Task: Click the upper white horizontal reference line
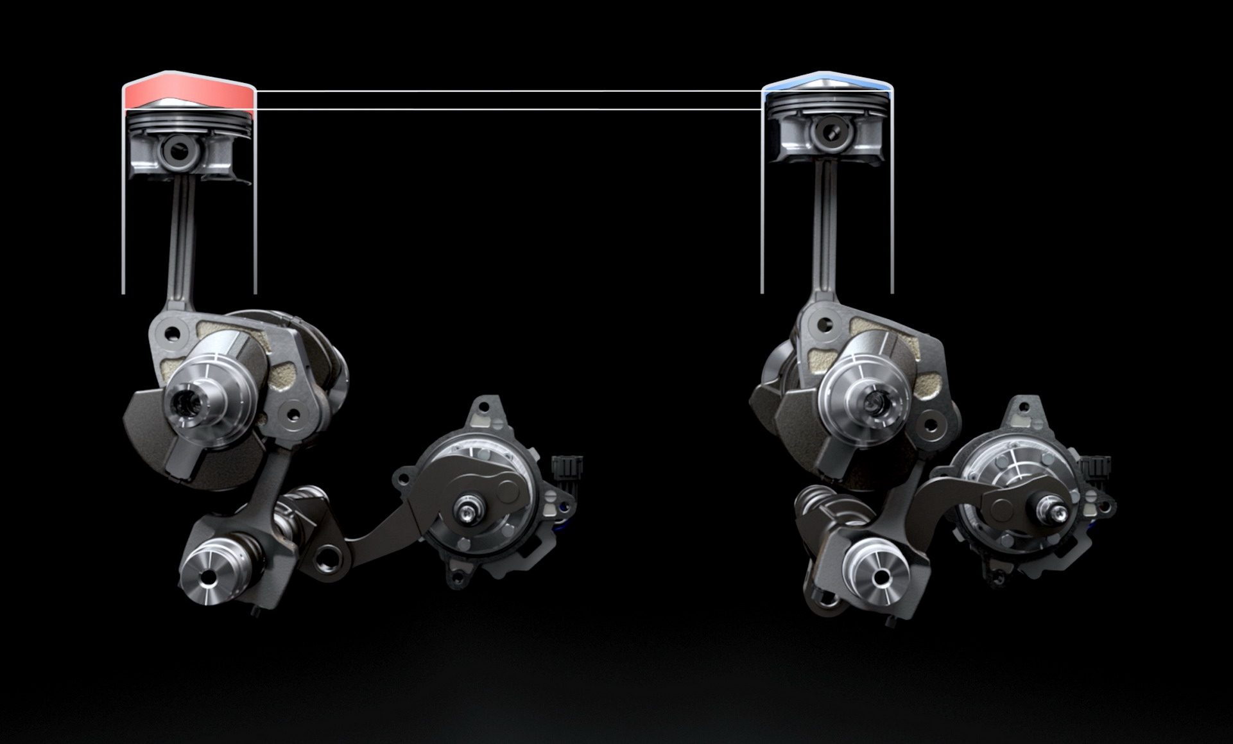coord(507,91)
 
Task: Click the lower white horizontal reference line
coord(507,109)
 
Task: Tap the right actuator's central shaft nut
coord(1053,512)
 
